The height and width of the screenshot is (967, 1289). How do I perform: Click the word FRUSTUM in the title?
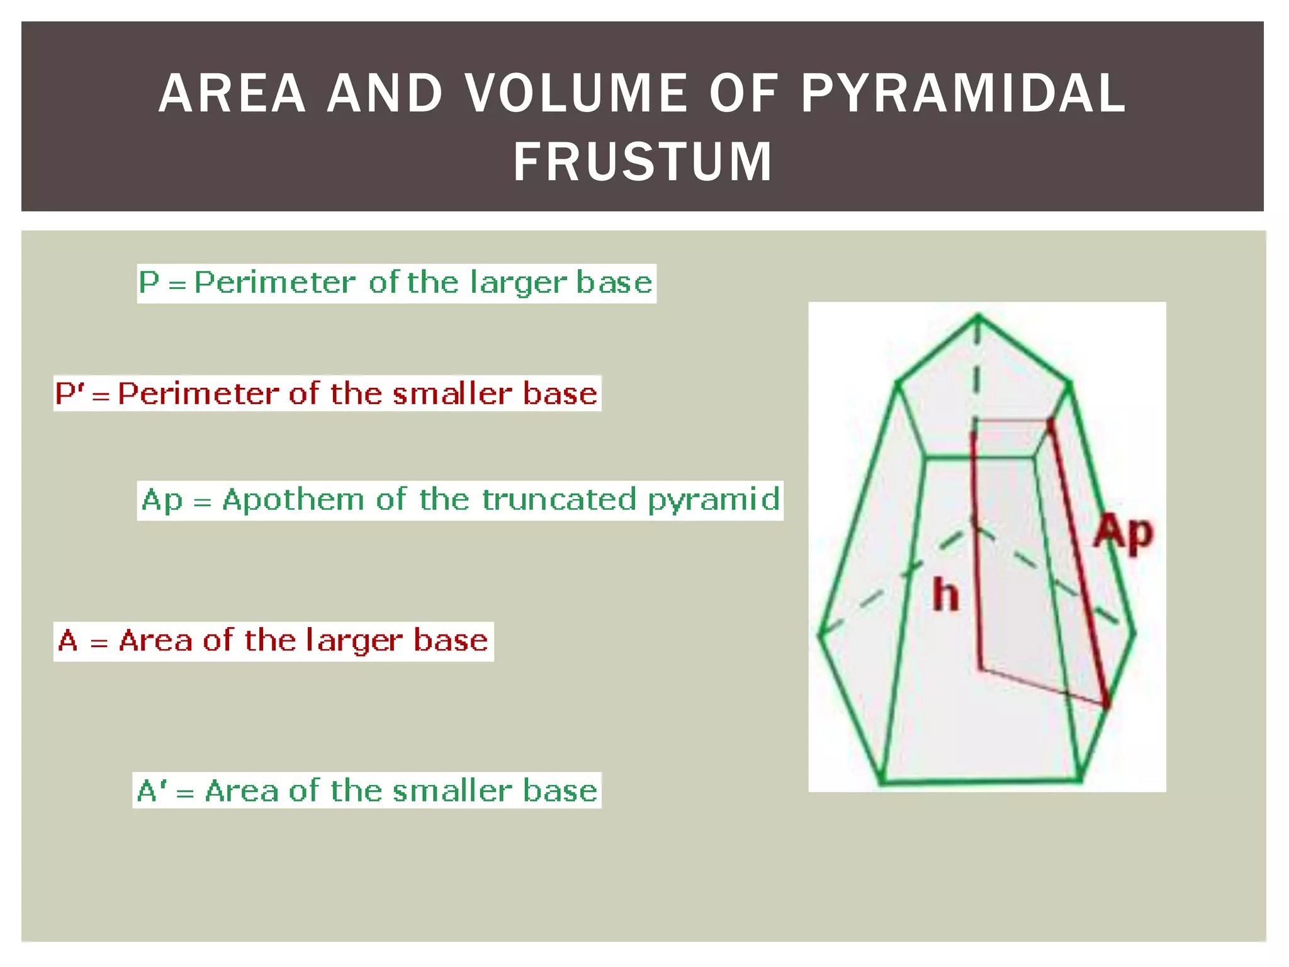(643, 162)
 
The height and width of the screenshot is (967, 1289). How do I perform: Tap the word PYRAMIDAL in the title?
(963, 94)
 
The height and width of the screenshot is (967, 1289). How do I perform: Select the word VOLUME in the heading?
(576, 94)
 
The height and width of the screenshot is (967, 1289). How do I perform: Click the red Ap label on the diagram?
(1123, 533)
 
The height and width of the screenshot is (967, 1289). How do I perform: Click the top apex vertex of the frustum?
(978, 316)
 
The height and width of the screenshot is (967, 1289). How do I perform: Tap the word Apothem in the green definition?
(293, 500)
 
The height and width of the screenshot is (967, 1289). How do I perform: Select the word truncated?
(560, 499)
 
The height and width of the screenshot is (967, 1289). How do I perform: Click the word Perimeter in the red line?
(198, 394)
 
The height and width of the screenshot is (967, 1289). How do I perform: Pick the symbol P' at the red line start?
(69, 394)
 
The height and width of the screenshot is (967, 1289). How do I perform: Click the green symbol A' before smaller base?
(152, 791)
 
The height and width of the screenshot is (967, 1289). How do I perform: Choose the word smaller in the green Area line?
(453, 791)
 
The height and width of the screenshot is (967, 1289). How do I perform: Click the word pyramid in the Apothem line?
(714, 500)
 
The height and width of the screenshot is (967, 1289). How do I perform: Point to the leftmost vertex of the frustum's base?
(820, 634)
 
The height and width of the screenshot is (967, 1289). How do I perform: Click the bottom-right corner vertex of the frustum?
(1079, 779)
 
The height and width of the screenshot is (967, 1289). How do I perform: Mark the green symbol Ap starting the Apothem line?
(162, 500)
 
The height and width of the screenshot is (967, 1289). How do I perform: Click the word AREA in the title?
(232, 94)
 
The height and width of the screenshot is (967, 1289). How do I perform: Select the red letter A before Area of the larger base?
(68, 641)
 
